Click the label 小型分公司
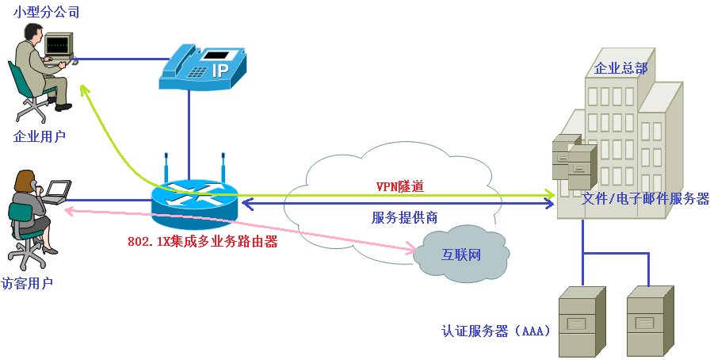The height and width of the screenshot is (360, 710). point(46,13)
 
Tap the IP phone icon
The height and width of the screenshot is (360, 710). point(197,67)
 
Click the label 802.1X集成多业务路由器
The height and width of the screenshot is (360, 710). point(203,242)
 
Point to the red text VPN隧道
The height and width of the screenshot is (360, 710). point(399,187)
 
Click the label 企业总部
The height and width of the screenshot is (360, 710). point(620,69)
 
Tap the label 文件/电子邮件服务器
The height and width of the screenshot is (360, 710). point(645,199)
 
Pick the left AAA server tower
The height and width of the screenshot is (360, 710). point(582,321)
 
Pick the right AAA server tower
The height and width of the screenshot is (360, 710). point(650,321)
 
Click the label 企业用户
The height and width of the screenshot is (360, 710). point(40,136)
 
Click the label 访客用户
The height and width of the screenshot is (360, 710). point(27,283)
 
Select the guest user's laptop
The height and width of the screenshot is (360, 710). point(57,190)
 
